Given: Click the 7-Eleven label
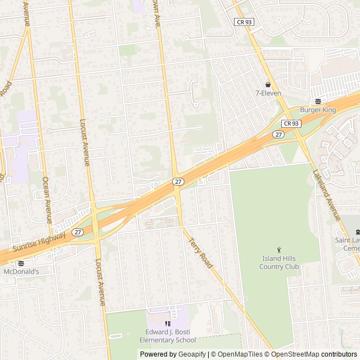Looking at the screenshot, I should (268, 93).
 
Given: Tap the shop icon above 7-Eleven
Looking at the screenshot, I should (268, 85).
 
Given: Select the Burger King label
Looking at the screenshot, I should (318, 110).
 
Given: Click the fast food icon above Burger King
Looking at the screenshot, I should (318, 101).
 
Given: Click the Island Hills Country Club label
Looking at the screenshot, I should (279, 263).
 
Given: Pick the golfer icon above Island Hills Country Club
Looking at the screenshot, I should (279, 250).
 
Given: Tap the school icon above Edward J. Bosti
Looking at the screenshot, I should (167, 323).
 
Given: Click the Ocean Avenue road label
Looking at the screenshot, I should (47, 199).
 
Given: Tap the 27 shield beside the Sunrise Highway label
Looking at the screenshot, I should (78, 232).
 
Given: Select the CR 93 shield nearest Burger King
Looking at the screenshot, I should (291, 123).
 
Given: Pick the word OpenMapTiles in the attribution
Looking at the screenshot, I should (239, 354).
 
